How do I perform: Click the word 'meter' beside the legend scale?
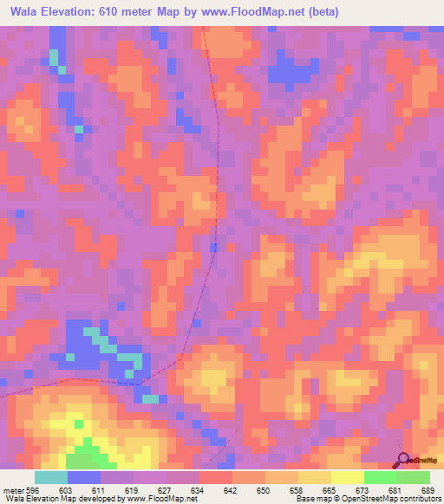coord(12,490)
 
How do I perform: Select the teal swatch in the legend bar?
coord(51,477)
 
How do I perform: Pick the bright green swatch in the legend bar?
coord(381,477)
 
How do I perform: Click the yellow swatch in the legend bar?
coord(348,477)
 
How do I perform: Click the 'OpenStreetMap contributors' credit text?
coord(397,500)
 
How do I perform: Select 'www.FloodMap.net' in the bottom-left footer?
coord(156,500)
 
